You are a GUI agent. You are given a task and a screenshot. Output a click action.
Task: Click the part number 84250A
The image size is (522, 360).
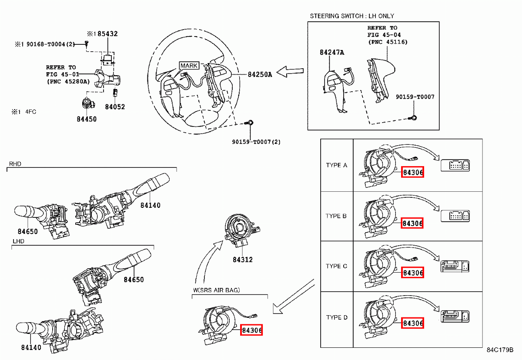click(x=260, y=74)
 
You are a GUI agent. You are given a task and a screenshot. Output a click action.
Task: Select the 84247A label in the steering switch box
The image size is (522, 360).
click(x=332, y=53)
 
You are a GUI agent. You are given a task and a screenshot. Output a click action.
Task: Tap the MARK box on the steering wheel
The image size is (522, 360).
click(x=189, y=66)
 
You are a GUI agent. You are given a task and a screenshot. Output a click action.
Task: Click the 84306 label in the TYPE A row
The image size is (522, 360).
click(x=413, y=173)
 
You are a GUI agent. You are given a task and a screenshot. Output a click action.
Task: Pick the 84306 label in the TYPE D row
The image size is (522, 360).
click(x=413, y=323)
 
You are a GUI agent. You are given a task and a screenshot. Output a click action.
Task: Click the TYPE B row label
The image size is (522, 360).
click(x=336, y=216)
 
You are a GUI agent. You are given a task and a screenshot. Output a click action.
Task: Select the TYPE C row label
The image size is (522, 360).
click(x=336, y=266)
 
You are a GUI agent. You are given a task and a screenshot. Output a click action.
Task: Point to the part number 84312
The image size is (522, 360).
click(x=242, y=260)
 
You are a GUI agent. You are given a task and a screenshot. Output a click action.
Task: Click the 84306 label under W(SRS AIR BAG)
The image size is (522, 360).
click(x=252, y=330)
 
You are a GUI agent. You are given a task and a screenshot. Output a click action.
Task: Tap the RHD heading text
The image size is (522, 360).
click(x=15, y=164)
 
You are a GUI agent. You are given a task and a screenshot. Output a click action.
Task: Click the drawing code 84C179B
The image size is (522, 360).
click(x=500, y=350)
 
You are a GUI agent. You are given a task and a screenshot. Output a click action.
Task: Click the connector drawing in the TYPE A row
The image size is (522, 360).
click(x=455, y=166)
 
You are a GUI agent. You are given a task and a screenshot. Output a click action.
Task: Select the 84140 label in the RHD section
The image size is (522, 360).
click(x=150, y=205)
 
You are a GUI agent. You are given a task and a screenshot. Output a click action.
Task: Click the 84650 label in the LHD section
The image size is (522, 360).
click(x=133, y=280)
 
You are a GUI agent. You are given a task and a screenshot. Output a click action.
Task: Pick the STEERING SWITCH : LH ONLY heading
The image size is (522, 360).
click(x=351, y=16)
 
